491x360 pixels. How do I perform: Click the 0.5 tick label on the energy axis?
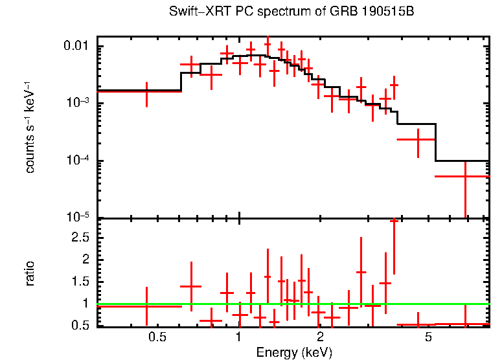(x=157, y=337)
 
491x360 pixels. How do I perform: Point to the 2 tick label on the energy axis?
(x=320, y=337)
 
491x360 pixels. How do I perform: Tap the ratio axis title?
(x=30, y=273)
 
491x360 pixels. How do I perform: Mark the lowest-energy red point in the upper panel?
(x=147, y=91)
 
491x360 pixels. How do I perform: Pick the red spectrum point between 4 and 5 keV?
(x=418, y=139)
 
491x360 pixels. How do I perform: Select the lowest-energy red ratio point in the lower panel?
(x=147, y=305)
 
